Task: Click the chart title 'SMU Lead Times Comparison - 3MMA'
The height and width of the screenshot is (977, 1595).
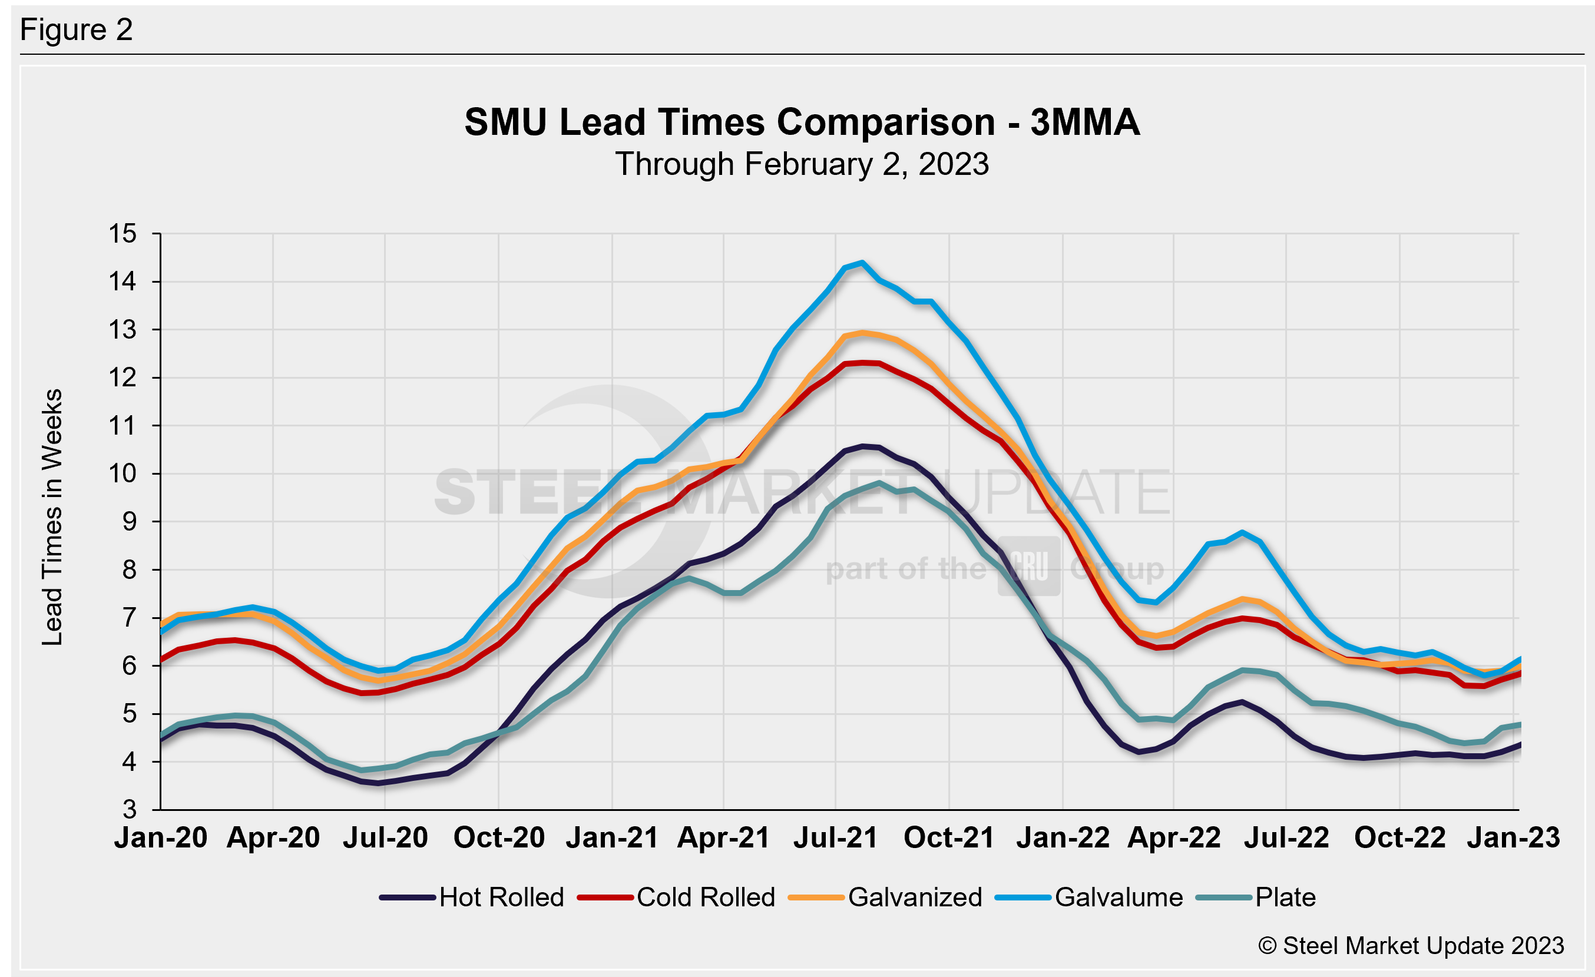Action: coord(802,122)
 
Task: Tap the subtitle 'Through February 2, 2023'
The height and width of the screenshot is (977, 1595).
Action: coord(802,164)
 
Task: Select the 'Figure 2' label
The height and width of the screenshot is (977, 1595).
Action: coord(77,30)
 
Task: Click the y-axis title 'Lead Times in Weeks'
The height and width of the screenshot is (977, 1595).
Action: coord(52,517)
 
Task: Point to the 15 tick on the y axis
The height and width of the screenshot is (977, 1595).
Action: coord(123,234)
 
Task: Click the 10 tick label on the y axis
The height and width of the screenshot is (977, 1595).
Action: coord(123,473)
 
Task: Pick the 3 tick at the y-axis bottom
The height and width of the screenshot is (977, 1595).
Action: coord(130,809)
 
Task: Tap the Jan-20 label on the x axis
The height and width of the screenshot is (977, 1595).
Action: coord(161,838)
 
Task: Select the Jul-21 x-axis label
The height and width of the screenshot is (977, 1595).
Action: coord(836,838)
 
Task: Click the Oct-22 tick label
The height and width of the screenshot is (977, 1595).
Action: coord(1399,838)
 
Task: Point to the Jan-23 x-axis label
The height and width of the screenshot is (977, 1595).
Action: coord(1513,838)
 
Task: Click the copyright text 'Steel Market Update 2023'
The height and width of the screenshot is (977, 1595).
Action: coord(1411,946)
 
